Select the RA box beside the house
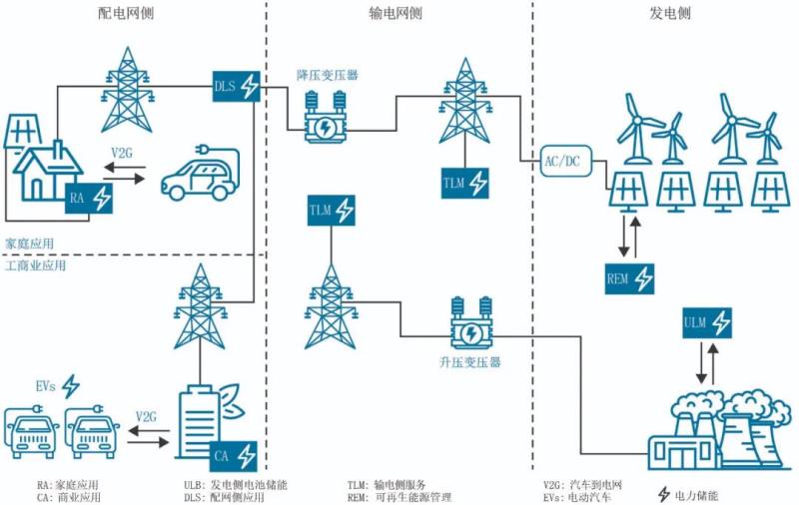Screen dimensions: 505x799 [x=89, y=199]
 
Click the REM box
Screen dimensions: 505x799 [x=630, y=276]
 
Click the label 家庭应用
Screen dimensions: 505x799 [x=29, y=243]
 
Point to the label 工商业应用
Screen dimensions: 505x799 [x=36, y=267]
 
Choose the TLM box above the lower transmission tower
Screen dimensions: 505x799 [x=332, y=211]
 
